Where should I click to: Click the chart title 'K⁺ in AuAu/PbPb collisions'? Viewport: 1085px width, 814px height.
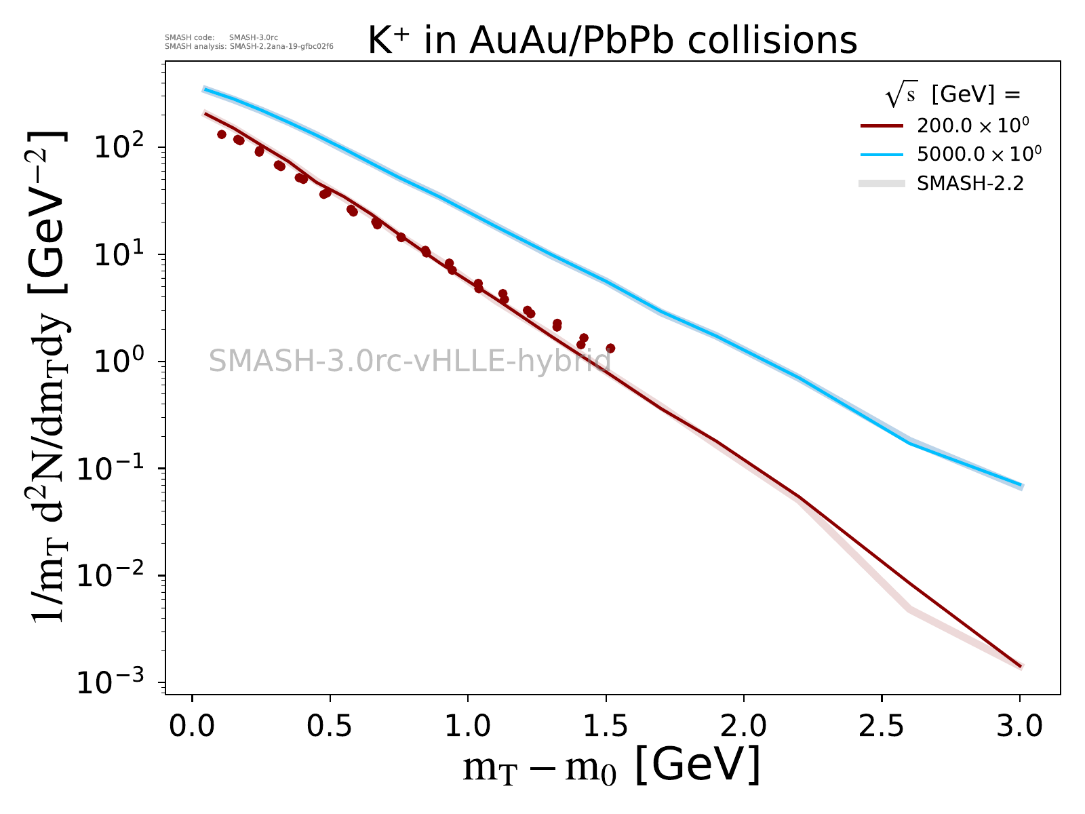pos(612,41)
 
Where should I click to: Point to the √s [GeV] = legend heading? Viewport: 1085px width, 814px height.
pos(953,96)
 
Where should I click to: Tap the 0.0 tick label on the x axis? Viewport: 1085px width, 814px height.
pos(192,726)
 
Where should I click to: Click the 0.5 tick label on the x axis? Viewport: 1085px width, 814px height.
pos(330,726)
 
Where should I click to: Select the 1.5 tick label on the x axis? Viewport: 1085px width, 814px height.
pos(606,726)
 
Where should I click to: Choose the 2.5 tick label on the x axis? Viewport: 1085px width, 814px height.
pos(882,726)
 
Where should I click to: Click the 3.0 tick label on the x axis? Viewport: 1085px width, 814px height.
pos(1019,726)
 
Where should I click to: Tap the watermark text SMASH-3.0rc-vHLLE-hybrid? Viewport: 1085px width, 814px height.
pos(410,361)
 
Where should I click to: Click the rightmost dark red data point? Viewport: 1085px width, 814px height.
pos(610,348)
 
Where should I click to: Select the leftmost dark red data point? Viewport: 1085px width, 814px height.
pos(221,134)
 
